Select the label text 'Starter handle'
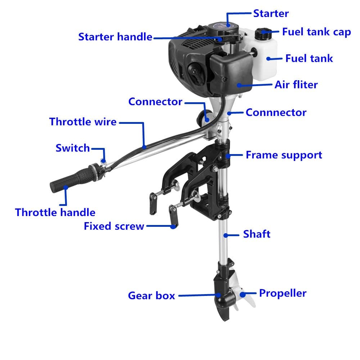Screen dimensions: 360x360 [115, 37]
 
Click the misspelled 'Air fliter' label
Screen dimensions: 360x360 [296, 85]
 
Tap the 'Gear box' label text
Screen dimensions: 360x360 [151, 296]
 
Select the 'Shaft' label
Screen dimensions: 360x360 [256, 234]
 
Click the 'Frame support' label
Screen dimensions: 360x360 [284, 155]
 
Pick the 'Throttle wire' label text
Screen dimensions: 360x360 [83, 122]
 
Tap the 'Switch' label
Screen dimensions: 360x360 [72, 148]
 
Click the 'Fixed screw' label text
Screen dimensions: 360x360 [114, 226]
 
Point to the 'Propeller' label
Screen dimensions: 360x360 [283, 293]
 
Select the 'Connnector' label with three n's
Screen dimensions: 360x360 [276, 112]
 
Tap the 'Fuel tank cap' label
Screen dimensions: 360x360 [316, 32]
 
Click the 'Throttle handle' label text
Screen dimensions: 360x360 [55, 212]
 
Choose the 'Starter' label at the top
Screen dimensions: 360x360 [271, 14]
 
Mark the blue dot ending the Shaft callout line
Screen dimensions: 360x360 [226, 235]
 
